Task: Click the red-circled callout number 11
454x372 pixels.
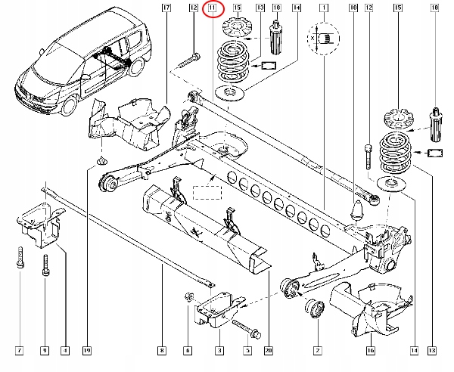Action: tap(213, 8)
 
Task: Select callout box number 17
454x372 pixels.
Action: tap(166, 8)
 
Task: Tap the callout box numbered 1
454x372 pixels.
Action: tap(324, 8)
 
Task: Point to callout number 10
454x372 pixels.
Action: tap(353, 8)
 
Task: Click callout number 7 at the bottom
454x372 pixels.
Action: tap(20, 351)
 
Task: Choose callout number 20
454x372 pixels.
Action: tap(269, 351)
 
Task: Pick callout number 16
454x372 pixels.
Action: tap(370, 351)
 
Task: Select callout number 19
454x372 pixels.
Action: tap(87, 351)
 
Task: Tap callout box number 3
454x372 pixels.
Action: tap(219, 351)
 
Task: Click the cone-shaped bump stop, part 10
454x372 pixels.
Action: tap(356, 210)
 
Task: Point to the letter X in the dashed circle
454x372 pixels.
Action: tap(313, 38)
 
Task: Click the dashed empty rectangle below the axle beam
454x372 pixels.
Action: tap(207, 192)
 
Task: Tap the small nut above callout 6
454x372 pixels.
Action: tap(189, 296)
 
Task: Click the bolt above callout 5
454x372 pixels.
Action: tap(247, 329)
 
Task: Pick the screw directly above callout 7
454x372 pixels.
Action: tap(20, 257)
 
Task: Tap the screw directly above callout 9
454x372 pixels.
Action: tap(45, 265)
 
